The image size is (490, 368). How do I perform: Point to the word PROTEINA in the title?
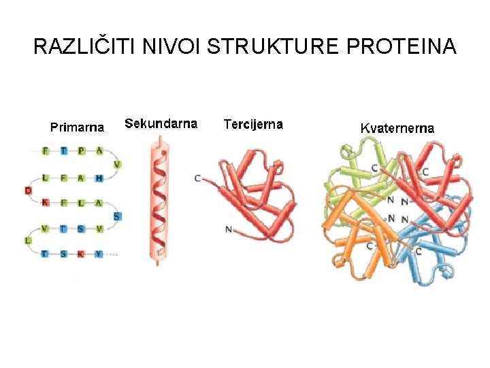tap(402, 47)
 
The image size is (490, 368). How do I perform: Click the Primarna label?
tap(78, 127)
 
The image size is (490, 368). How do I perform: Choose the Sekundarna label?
tap(161, 124)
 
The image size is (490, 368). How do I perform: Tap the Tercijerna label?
tap(253, 124)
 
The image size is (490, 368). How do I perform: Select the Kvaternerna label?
tap(397, 127)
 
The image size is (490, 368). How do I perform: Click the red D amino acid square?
tap(28, 190)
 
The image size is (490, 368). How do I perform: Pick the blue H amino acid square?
tap(99, 178)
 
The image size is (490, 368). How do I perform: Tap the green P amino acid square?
tap(81, 151)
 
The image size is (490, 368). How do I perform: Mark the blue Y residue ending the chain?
tap(99, 254)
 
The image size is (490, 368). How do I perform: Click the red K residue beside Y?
tap(81, 254)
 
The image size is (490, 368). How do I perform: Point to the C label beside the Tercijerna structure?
tap(197, 178)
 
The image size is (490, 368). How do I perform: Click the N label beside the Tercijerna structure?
tap(228, 230)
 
